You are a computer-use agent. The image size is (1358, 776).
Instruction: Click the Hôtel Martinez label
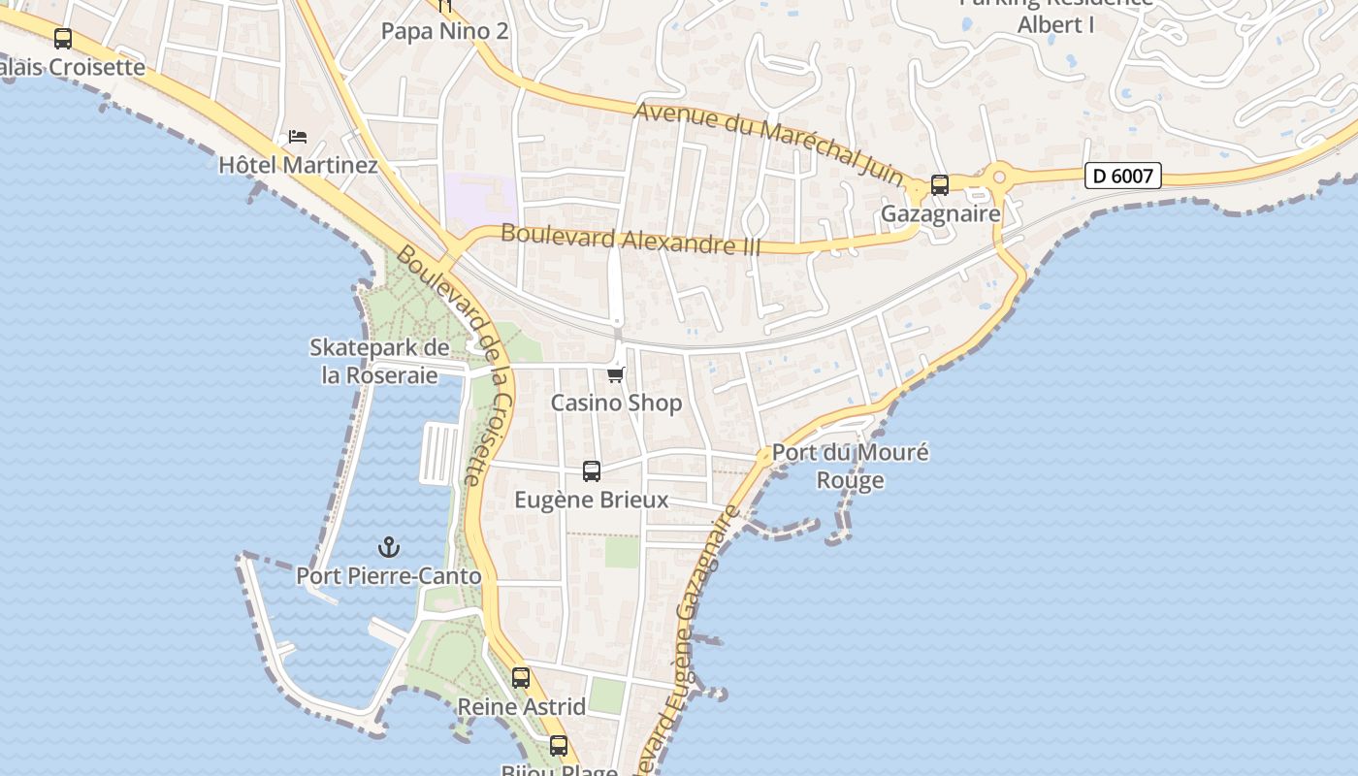click(x=298, y=165)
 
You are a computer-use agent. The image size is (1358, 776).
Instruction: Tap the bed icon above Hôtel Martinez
click(x=298, y=137)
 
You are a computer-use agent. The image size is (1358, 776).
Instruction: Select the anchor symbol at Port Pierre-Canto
click(x=389, y=547)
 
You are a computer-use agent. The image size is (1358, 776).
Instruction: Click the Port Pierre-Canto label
click(x=389, y=576)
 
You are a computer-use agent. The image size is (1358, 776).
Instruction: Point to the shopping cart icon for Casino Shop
click(x=615, y=374)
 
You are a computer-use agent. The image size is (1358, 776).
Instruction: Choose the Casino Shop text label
click(x=616, y=403)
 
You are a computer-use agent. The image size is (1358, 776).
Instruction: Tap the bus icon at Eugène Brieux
click(x=592, y=471)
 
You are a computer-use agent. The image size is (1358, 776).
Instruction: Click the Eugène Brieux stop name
click(x=592, y=500)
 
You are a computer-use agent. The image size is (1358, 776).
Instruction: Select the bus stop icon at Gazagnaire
click(x=939, y=184)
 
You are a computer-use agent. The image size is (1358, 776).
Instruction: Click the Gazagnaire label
click(x=940, y=213)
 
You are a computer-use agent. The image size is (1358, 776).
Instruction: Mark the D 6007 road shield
click(x=1122, y=176)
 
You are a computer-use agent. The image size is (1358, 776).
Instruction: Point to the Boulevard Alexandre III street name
click(x=630, y=240)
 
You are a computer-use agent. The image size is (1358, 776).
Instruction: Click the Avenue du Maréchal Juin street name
click(x=768, y=144)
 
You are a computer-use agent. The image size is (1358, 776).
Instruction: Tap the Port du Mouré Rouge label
click(x=850, y=466)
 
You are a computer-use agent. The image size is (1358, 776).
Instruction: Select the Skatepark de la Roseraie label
click(x=379, y=361)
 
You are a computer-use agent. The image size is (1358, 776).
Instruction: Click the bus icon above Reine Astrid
click(x=521, y=678)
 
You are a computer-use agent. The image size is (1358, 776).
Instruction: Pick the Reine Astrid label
click(x=521, y=707)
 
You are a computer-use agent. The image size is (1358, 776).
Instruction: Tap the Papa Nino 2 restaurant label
click(x=444, y=31)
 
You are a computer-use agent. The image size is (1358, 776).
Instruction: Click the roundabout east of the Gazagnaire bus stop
click(x=998, y=178)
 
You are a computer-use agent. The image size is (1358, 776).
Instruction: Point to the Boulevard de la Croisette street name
click(x=456, y=365)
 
